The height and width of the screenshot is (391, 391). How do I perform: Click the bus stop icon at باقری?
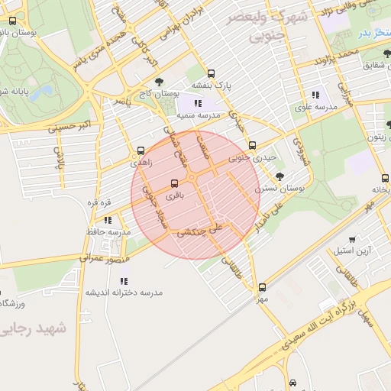175,183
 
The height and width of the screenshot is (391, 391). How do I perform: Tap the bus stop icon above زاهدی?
141,151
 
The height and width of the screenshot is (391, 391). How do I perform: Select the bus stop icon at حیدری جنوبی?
253,145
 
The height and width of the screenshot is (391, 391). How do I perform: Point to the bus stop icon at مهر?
263,287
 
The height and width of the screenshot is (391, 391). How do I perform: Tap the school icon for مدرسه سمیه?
197,102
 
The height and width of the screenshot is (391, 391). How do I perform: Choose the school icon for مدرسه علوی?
315,95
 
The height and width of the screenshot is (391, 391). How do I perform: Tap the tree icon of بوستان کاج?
159,80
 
